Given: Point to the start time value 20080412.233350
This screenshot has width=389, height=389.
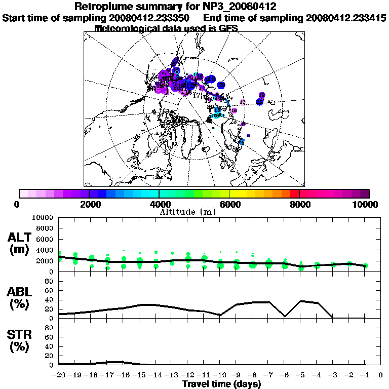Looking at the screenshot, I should pos(149,18).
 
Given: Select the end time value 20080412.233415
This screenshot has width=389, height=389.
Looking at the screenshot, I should pos(346,18).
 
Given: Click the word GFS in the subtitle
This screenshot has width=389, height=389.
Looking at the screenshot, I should pos(228,28).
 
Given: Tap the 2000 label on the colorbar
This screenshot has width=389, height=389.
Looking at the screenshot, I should pos(89,204).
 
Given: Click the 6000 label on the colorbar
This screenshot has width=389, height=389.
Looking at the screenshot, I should pos(229,204).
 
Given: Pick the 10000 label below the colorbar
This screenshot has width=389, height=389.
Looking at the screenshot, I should pos(366,204).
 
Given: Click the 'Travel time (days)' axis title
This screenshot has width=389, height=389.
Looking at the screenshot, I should pos(221,384).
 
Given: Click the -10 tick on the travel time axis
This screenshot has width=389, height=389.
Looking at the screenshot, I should pos(220,375).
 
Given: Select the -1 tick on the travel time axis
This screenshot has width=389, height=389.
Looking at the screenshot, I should pos(365,375).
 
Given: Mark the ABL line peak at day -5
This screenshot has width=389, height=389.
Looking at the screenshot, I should pos(301,301).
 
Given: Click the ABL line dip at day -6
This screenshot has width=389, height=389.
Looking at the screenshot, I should pos(285,317).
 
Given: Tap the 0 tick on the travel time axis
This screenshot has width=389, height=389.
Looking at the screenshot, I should pos(381,375).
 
